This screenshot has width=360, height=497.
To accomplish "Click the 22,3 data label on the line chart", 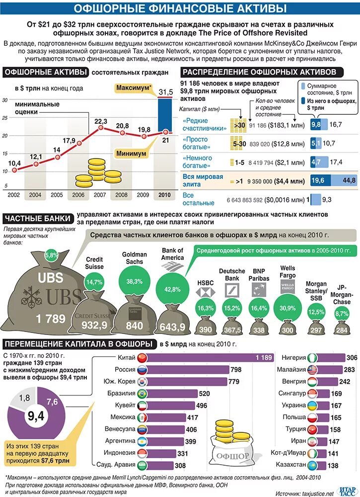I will tap(101, 121).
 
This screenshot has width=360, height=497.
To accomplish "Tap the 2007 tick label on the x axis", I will tap(100, 194).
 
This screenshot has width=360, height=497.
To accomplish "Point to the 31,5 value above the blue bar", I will tap(165, 92).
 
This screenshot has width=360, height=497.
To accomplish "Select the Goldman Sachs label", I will tap(135, 258).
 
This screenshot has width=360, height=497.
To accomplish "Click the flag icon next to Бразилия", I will tap(142, 393).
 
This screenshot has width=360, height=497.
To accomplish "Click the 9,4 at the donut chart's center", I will tap(29, 415).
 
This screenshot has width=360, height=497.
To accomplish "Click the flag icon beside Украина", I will tap(312, 405).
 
